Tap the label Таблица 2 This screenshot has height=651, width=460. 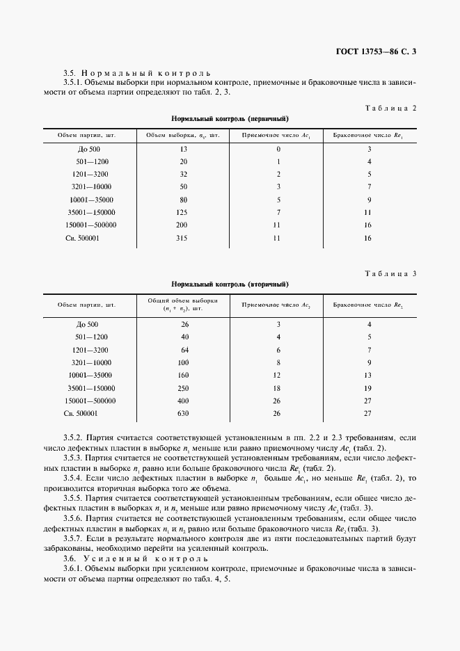coord(390,108)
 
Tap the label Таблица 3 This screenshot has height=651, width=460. coord(390,273)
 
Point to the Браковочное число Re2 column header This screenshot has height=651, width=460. coord(368,305)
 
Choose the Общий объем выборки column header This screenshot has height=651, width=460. coord(183,304)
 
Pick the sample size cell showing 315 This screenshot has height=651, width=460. coord(183,239)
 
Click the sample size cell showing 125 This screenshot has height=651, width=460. coord(183,212)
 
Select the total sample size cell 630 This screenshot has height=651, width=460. coord(183,414)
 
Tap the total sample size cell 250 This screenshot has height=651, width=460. coord(183,388)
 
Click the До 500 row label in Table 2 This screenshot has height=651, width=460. coord(88,150)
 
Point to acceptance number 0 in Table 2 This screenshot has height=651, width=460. coord(278,150)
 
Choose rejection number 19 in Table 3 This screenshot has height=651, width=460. coord(368,388)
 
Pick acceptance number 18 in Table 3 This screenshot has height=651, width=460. coord(278,388)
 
